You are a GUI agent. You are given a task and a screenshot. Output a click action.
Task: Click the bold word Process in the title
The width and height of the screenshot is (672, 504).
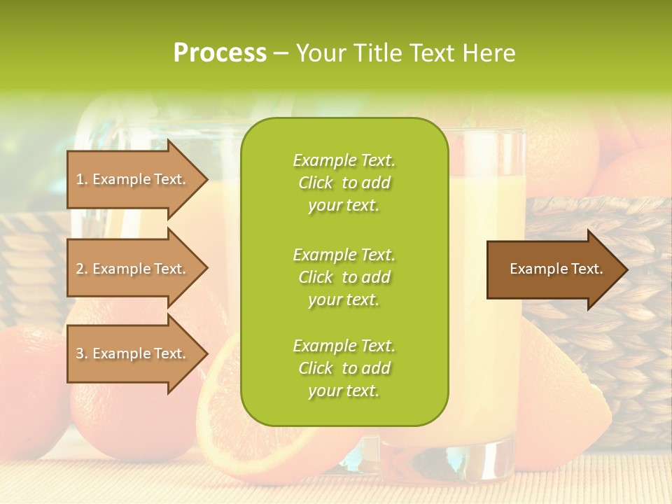(220, 53)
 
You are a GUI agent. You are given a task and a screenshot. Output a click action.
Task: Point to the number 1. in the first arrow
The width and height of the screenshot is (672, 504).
(82, 179)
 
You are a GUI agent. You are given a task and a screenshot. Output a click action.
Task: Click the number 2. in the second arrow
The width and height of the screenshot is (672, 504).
(82, 269)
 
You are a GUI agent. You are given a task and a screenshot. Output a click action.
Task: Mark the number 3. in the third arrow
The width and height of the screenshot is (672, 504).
(82, 353)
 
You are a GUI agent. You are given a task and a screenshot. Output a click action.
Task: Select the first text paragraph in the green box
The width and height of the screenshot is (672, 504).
(344, 183)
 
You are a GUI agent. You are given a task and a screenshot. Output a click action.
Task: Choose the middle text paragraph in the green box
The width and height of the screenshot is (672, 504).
(344, 277)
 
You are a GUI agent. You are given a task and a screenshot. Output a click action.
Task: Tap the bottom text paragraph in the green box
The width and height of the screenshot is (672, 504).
(344, 368)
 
